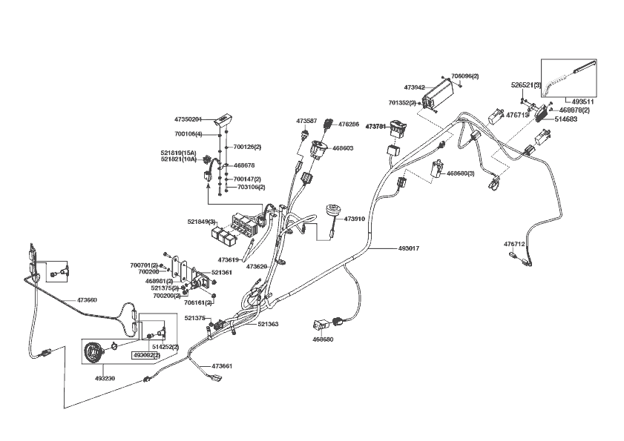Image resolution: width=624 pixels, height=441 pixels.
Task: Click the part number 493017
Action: click(x=409, y=248)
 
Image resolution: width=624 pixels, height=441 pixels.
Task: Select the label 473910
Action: click(x=355, y=219)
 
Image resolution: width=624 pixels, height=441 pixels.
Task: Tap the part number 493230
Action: click(x=105, y=378)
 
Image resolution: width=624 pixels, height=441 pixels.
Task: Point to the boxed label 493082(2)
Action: click(x=146, y=356)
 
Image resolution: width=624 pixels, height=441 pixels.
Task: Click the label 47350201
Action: click(x=188, y=119)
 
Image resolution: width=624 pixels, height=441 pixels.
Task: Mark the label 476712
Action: click(x=514, y=244)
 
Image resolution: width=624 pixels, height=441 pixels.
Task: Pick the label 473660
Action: click(x=88, y=300)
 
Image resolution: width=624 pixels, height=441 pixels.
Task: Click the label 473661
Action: click(x=223, y=366)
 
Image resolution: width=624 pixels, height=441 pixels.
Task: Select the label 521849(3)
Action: click(x=201, y=222)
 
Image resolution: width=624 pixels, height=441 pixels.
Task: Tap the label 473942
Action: click(x=414, y=87)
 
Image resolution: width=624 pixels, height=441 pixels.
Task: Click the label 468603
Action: click(x=343, y=148)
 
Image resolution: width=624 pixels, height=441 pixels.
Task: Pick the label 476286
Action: click(x=349, y=125)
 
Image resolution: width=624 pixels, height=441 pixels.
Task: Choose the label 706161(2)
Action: click(x=198, y=302)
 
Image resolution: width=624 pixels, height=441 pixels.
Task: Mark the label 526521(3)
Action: click(x=526, y=85)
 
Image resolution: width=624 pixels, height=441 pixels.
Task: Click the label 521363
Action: click(x=269, y=324)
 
